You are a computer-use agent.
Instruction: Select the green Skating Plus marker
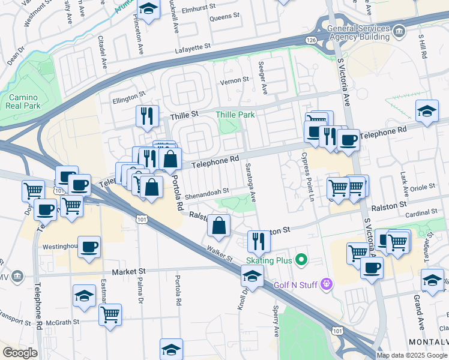pyautogui.click(x=301, y=260)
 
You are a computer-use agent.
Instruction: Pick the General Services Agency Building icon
pyautogui.click(x=399, y=30)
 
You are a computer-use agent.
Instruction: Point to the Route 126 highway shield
pyautogui.click(x=310, y=40)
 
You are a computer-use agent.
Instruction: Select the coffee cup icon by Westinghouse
pyautogui.click(x=89, y=247)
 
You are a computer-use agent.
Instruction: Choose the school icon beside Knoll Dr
pyautogui.click(x=252, y=277)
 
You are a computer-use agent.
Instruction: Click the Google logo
pyautogui.click(x=20, y=353)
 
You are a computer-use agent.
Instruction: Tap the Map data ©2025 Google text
pyautogui.click(x=412, y=355)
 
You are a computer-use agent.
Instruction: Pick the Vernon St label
pyautogui.click(x=235, y=80)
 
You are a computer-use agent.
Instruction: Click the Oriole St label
pyautogui.click(x=423, y=187)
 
